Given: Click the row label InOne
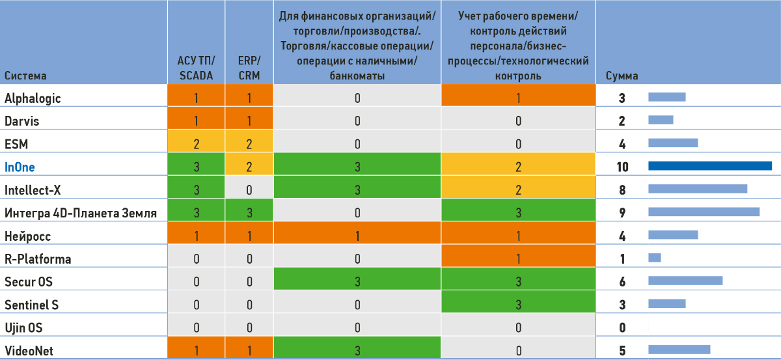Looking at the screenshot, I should tap(20, 167).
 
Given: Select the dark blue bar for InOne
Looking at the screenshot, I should tap(709, 166).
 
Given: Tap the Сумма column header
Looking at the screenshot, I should tap(622, 76).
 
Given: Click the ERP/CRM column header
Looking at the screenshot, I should tap(249, 68).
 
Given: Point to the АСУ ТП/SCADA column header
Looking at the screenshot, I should tap(196, 68).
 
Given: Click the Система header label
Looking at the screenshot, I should tap(25, 76).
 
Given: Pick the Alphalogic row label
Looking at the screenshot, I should tap(33, 98).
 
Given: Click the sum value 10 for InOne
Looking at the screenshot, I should tap(622, 167).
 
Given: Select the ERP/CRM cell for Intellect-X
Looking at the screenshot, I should tap(249, 189).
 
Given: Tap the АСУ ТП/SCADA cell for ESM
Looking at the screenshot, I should tap(196, 143).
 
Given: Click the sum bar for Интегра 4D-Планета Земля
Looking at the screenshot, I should tap(704, 212).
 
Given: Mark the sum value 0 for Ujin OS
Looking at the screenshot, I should tap(622, 327).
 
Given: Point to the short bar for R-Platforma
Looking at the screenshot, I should tap(654, 258).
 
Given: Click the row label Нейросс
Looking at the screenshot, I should tap(27, 235).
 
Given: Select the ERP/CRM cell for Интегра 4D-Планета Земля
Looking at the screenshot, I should tap(249, 212).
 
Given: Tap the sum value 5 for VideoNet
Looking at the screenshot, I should tap(622, 350).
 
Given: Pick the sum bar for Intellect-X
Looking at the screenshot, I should tap(697, 189).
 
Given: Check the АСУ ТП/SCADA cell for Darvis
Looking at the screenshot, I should tap(196, 120).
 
